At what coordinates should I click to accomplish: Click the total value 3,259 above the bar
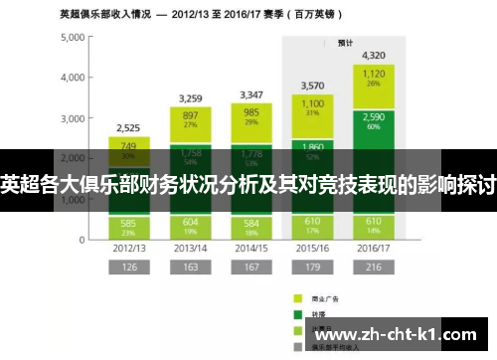click(x=196, y=97)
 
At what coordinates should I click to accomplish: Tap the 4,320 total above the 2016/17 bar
click(x=374, y=55)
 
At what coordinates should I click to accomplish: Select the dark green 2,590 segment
click(x=374, y=121)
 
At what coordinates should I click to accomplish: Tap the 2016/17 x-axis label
click(x=374, y=248)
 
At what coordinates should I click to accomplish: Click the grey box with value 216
click(x=374, y=267)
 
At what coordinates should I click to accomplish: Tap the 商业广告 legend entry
click(x=324, y=297)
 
